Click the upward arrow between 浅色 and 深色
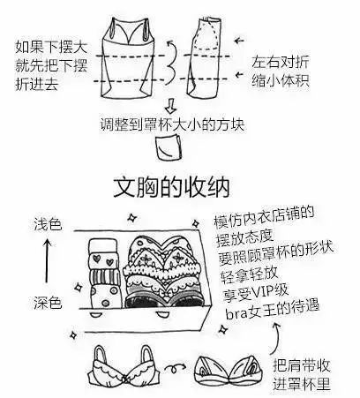(46, 263)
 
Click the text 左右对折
(281, 62)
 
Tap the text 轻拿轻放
(243, 274)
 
